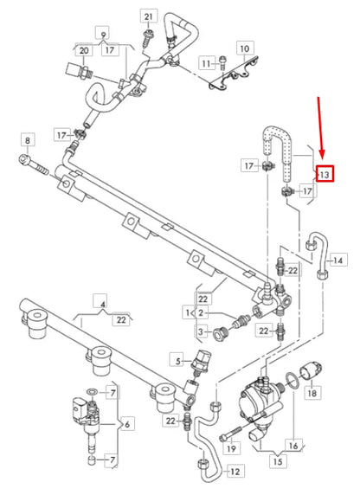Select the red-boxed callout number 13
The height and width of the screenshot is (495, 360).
[x=324, y=174]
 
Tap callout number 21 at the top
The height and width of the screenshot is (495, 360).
[x=148, y=17]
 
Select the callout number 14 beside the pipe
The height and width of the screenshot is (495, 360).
[x=337, y=260]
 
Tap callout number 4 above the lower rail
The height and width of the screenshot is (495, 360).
[x=103, y=304]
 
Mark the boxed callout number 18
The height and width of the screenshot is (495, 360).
[x=311, y=392]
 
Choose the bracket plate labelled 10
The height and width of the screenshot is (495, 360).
[x=234, y=79]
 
